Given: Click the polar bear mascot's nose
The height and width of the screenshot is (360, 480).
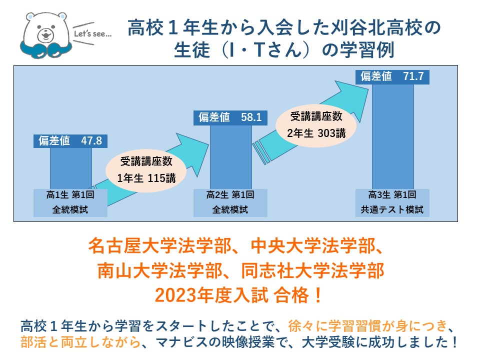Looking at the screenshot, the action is pyautogui.click(x=46, y=32).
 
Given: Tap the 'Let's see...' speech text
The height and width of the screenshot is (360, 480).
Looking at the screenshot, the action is pyautogui.click(x=93, y=33).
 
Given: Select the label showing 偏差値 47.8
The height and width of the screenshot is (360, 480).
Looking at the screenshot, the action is pyautogui.click(x=70, y=141).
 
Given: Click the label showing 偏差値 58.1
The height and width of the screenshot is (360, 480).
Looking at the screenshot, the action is pyautogui.click(x=230, y=117).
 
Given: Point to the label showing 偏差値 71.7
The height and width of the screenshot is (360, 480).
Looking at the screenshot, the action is pyautogui.click(x=392, y=76).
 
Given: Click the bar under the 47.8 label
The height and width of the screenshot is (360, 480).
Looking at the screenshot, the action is pyautogui.click(x=70, y=168).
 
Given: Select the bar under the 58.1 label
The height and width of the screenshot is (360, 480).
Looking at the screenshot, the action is pyautogui.click(x=231, y=157).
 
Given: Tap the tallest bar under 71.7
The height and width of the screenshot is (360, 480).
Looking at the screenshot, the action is pyautogui.click(x=393, y=136).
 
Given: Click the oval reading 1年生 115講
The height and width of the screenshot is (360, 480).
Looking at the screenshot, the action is pyautogui.click(x=146, y=169).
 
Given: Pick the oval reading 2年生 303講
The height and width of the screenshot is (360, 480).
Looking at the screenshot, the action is pyautogui.click(x=316, y=124).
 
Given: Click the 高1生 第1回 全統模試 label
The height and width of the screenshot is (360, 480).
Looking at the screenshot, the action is pyautogui.click(x=70, y=202).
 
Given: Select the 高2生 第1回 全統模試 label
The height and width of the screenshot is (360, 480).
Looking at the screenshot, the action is pyautogui.click(x=230, y=202).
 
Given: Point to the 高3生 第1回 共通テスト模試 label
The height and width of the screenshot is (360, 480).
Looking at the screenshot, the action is pyautogui.click(x=392, y=202).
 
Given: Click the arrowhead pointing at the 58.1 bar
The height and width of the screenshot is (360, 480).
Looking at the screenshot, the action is pyautogui.click(x=193, y=153).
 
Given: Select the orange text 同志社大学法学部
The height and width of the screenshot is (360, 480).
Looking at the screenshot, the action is pyautogui.click(x=312, y=271).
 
